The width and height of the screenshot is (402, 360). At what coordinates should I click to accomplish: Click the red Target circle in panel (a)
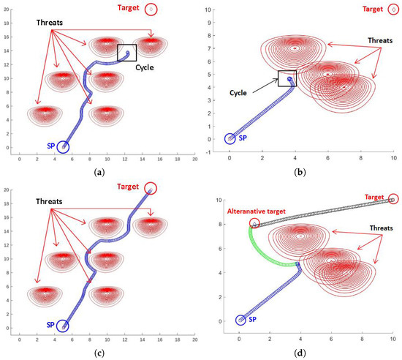click(151, 10)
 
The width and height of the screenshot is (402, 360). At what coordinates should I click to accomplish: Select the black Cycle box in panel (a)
click(126, 53)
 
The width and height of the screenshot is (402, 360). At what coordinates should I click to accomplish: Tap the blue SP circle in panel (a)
click(63, 147)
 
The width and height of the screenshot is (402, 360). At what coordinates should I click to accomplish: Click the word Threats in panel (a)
click(56, 23)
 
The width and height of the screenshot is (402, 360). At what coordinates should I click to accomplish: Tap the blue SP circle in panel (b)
click(230, 138)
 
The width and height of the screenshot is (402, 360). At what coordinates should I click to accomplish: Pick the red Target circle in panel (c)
click(151, 189)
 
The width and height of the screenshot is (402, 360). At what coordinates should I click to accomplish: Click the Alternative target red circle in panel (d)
click(254, 224)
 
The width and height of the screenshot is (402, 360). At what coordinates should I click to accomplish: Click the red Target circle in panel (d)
click(394, 199)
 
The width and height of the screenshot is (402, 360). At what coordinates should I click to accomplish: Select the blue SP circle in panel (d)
click(240, 320)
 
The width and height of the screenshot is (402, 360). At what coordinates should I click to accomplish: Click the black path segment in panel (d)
click(322, 211)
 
